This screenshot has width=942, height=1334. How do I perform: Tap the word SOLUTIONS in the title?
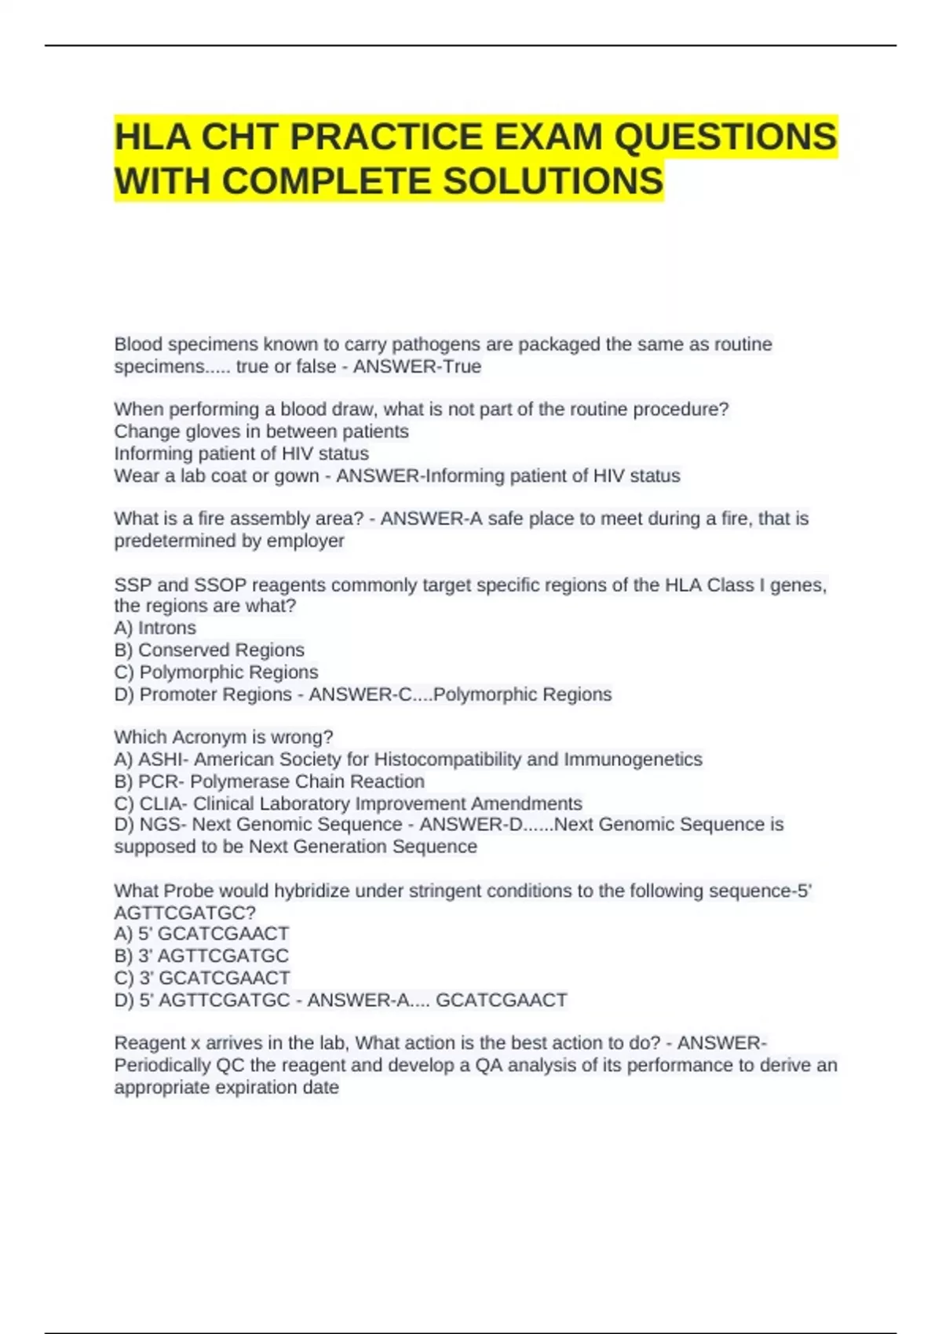(x=553, y=181)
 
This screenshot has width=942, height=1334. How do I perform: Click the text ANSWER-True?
(x=417, y=366)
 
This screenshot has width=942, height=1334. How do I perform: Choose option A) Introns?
(x=155, y=628)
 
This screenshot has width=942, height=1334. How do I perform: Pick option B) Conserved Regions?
(x=209, y=650)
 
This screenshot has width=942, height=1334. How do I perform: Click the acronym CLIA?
(x=162, y=804)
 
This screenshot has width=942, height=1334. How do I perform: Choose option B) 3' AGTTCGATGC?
(x=202, y=956)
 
